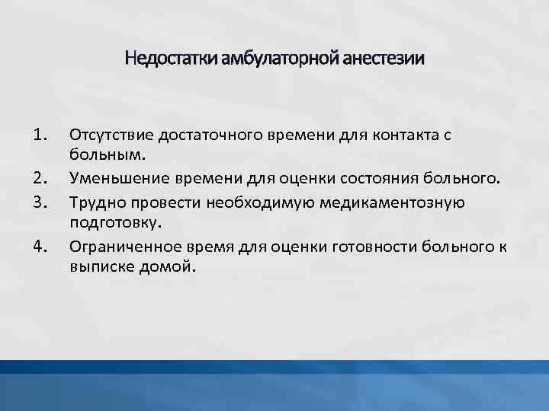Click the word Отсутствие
(x=110, y=135)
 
